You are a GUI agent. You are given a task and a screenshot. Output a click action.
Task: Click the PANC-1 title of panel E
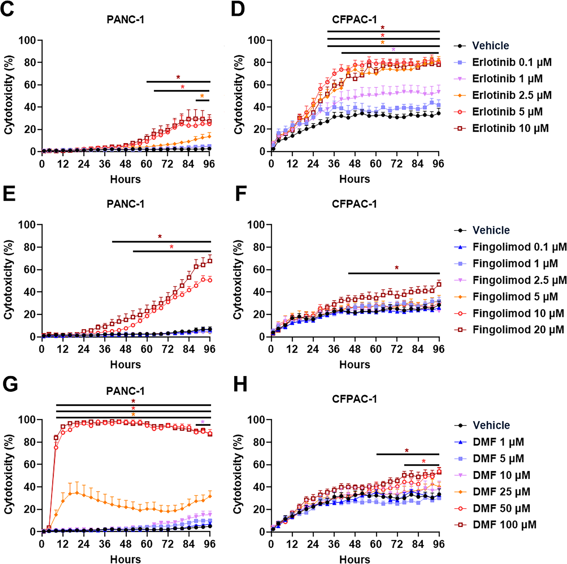coord(125,204)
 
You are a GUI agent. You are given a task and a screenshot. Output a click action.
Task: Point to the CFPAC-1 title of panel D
coord(354,20)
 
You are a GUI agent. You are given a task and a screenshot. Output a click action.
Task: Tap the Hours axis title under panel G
coord(125,560)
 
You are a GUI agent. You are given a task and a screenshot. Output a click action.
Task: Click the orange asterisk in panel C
coord(202,96)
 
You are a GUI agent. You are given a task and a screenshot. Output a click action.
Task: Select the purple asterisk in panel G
coord(203,422)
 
